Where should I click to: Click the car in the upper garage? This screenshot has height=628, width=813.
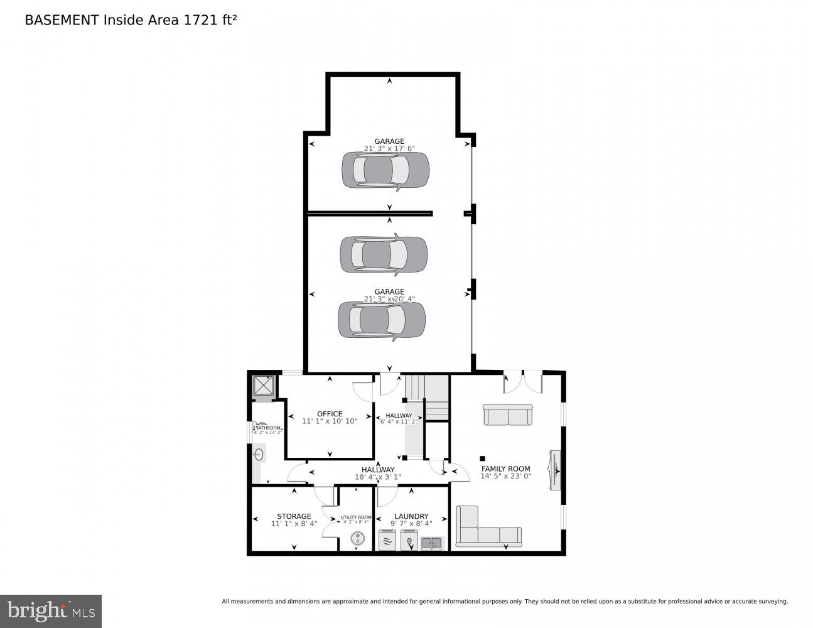tap(385, 170)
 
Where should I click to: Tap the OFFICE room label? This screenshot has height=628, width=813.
tap(330, 414)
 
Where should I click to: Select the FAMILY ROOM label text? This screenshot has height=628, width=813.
tap(505, 468)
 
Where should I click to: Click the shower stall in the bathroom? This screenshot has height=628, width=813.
tap(264, 386)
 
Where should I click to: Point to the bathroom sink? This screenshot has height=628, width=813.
tap(258, 453)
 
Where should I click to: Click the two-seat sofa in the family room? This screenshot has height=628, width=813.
tap(507, 415)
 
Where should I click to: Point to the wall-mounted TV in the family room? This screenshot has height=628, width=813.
tap(554, 470)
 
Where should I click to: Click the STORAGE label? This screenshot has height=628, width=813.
tap(294, 516)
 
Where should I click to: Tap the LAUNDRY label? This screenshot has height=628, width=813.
tap(411, 516)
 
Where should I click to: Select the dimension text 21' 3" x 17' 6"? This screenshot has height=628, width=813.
tap(389, 149)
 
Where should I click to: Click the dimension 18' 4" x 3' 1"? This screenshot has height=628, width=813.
tap(378, 477)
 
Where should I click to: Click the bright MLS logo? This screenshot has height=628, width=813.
tap(50, 610)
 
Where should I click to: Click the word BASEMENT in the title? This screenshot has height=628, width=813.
tap(61, 20)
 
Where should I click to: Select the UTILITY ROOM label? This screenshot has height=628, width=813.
tap(356, 517)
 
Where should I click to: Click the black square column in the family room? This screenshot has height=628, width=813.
tap(482, 458)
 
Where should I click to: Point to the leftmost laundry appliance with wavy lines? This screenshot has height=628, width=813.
tap(388, 540)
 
